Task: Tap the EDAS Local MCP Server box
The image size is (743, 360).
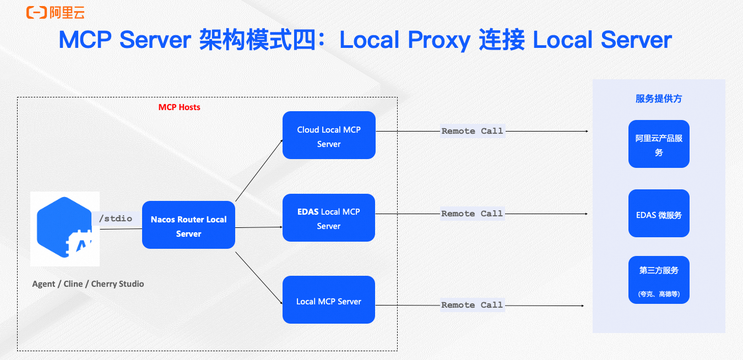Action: (x=329, y=217)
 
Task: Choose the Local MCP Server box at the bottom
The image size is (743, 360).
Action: (x=329, y=300)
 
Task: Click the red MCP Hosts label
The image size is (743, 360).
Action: (x=180, y=107)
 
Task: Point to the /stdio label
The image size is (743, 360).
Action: (x=116, y=219)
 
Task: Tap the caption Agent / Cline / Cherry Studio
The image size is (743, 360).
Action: (x=88, y=284)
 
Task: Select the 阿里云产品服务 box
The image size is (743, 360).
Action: (x=659, y=144)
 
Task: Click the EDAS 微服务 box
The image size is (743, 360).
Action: (x=659, y=214)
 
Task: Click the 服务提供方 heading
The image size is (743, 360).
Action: (x=659, y=99)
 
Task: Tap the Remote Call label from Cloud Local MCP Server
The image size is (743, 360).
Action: (x=472, y=131)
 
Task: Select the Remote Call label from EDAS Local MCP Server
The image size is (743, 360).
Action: (x=472, y=214)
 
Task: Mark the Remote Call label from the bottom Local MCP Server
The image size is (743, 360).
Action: (x=472, y=305)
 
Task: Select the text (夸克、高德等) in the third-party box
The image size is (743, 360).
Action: (x=659, y=294)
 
